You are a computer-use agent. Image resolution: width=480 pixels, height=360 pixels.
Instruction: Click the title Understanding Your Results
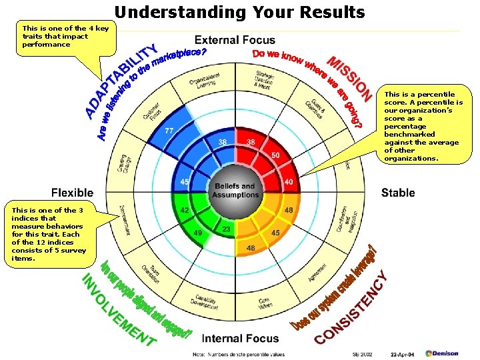240,12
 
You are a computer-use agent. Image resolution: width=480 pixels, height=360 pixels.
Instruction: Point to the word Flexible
73,193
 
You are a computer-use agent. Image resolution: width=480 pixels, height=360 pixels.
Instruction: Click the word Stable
398,193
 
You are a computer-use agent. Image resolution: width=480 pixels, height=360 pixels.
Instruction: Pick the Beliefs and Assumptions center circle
234,191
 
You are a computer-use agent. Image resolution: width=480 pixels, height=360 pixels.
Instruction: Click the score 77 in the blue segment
169,131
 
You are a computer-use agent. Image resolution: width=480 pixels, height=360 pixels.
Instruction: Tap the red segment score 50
275,155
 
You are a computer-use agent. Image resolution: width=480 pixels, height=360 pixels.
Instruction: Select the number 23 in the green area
226,229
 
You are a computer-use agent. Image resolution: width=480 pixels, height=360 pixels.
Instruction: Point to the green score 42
185,210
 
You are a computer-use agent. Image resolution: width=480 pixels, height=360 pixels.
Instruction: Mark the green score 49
197,233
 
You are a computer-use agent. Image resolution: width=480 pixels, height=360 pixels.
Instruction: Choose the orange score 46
251,249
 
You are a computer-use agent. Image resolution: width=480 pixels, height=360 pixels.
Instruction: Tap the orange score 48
288,210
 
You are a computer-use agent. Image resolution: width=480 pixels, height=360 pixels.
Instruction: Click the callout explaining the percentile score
423,127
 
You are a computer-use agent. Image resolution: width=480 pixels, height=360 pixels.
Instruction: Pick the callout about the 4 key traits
65,36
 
